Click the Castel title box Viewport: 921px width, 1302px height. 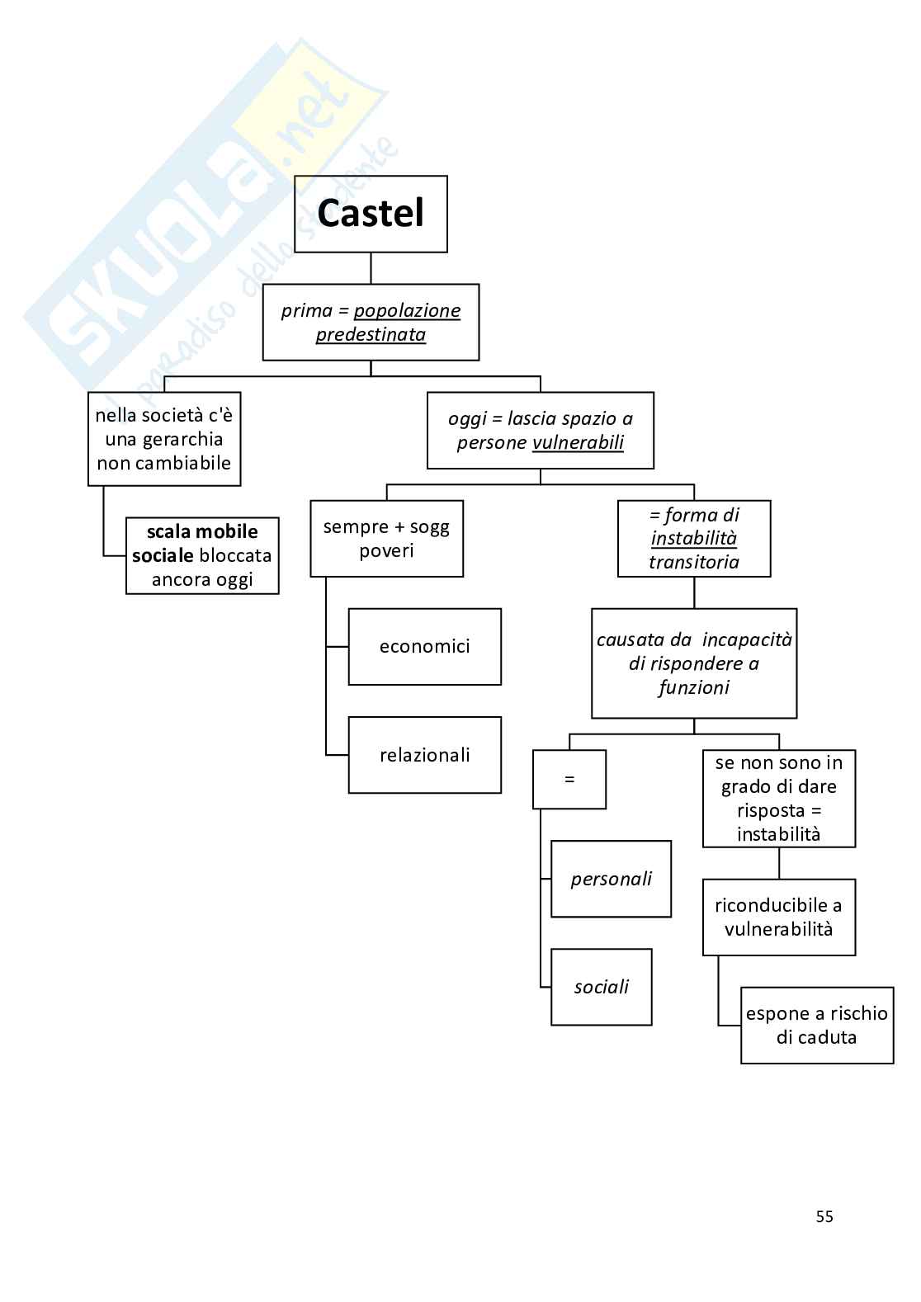pyautogui.click(x=371, y=214)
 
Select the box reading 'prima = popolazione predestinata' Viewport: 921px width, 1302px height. pyautogui.click(x=371, y=323)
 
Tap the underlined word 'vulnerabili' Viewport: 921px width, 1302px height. pyautogui.click(x=578, y=443)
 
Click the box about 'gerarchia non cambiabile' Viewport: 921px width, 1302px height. pyautogui.click(x=164, y=439)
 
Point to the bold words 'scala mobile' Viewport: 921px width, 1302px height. pyautogui.click(x=202, y=532)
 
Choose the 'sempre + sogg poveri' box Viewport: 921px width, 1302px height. pyautogui.click(x=386, y=539)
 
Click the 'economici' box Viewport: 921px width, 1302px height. pyautogui.click(x=424, y=647)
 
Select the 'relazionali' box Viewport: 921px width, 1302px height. pyautogui.click(x=424, y=755)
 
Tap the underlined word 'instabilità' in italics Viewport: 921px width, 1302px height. pyautogui.click(x=693, y=539)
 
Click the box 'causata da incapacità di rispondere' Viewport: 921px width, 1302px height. pyautogui.click(x=693, y=663)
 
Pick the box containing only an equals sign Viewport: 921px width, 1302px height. pyautogui.click(x=569, y=779)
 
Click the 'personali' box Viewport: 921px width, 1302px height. pyautogui.click(x=611, y=879)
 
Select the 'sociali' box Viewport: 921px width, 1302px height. pyautogui.click(x=601, y=987)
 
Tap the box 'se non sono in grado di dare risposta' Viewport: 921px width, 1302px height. pyautogui.click(x=778, y=798)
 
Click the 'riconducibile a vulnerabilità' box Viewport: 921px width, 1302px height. pyautogui.click(x=778, y=917)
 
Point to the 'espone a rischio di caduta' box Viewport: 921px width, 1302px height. pyautogui.click(x=816, y=1025)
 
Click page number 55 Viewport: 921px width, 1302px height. pyautogui.click(x=824, y=1216)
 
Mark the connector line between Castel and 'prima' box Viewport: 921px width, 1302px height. pyautogui.click(x=371, y=268)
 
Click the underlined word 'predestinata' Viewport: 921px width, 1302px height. pyautogui.click(x=371, y=335)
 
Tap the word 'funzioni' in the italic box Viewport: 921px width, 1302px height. pyautogui.click(x=693, y=687)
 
